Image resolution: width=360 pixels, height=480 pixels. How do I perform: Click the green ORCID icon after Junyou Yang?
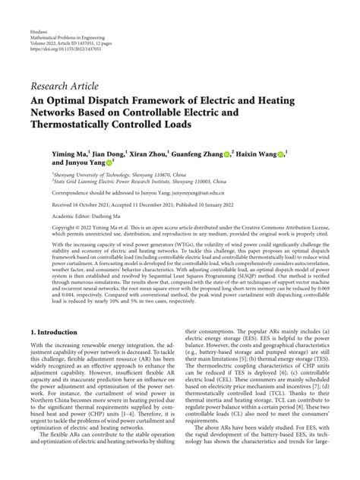pos(110,163)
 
